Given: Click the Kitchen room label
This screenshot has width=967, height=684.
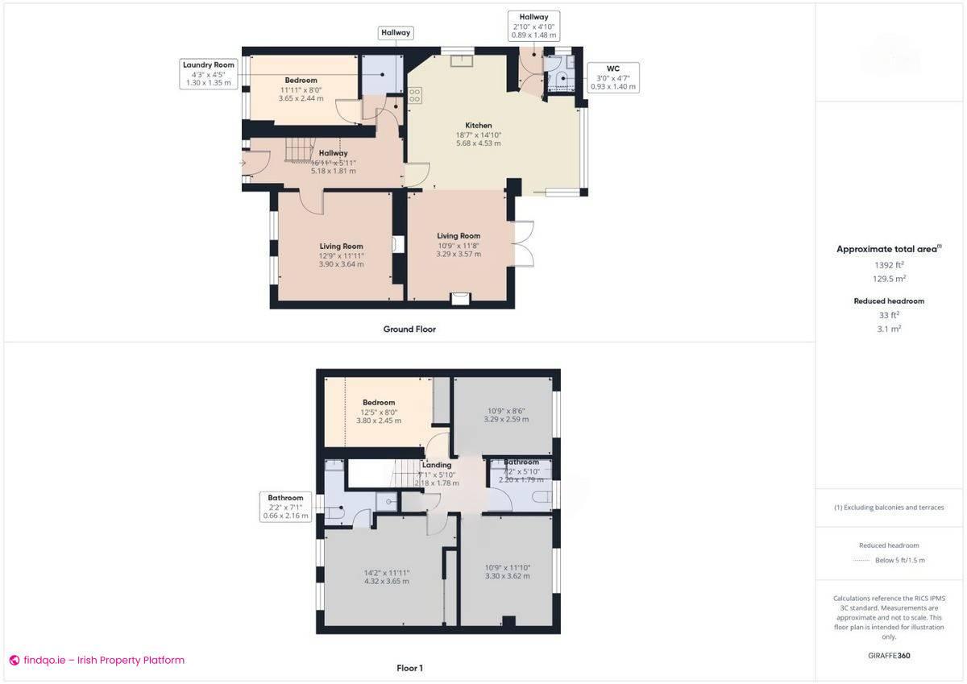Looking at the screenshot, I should pyautogui.click(x=478, y=126).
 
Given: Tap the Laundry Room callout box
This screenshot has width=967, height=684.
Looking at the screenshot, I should pyautogui.click(x=208, y=73).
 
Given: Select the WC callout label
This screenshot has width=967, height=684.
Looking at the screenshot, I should pyautogui.click(x=612, y=77).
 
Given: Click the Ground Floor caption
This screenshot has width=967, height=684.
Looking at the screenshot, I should pyautogui.click(x=409, y=329).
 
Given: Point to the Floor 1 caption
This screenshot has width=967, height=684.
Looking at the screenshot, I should pyautogui.click(x=409, y=668).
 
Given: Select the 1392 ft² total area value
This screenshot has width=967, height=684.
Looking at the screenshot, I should pyautogui.click(x=889, y=264).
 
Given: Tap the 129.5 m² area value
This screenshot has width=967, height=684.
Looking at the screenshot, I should pyautogui.click(x=890, y=279).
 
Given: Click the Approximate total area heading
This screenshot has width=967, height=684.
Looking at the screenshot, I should pyautogui.click(x=888, y=249).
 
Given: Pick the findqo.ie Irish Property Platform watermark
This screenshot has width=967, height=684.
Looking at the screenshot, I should pyautogui.click(x=97, y=661).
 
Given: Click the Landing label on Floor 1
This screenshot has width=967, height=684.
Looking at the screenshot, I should pyautogui.click(x=437, y=465).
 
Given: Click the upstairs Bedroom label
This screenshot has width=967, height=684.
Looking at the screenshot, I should pyautogui.click(x=378, y=402).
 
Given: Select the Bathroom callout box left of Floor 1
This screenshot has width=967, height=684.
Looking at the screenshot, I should pyautogui.click(x=285, y=507).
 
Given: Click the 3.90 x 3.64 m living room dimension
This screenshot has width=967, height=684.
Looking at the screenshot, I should pyautogui.click(x=341, y=264).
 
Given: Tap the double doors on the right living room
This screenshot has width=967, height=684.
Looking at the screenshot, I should pyautogui.click(x=522, y=243).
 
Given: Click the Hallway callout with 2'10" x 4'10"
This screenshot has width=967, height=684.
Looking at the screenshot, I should pyautogui.click(x=533, y=26).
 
